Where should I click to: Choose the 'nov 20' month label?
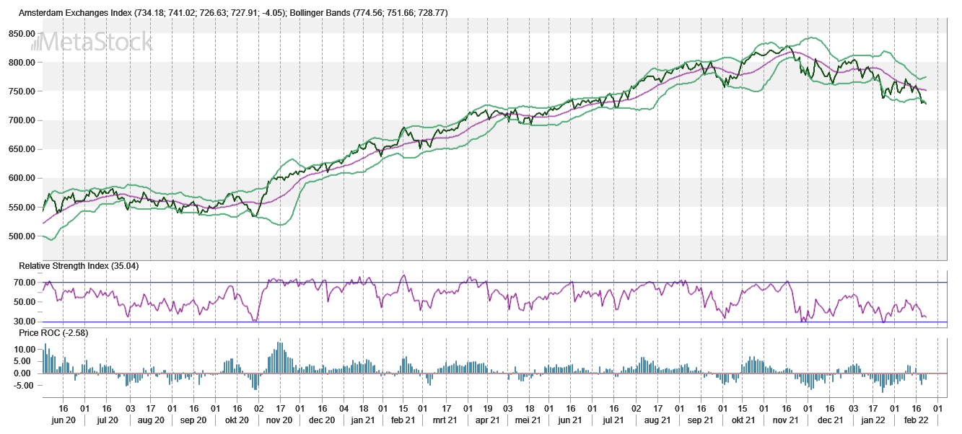tap(279, 420)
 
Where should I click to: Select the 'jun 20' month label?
tap(64, 420)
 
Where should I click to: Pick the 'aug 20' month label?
tap(150, 420)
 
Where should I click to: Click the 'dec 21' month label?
tap(831, 420)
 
